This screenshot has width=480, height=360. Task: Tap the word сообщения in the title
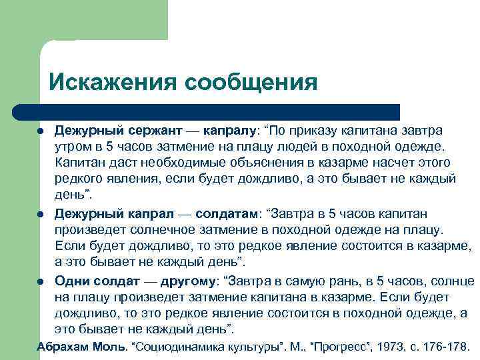pos(251,83)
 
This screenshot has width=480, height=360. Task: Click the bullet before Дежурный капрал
pos(41,215)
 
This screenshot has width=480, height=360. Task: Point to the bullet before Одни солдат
pos(41,281)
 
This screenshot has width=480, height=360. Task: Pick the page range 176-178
pos(446,347)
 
